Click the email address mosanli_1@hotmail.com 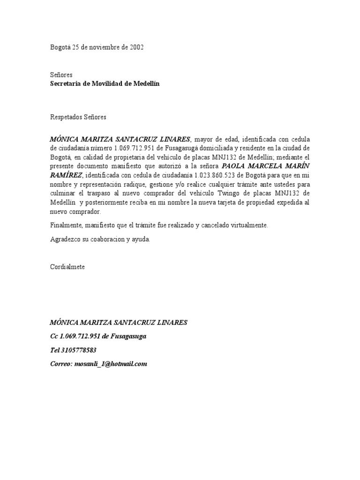[111, 364]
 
